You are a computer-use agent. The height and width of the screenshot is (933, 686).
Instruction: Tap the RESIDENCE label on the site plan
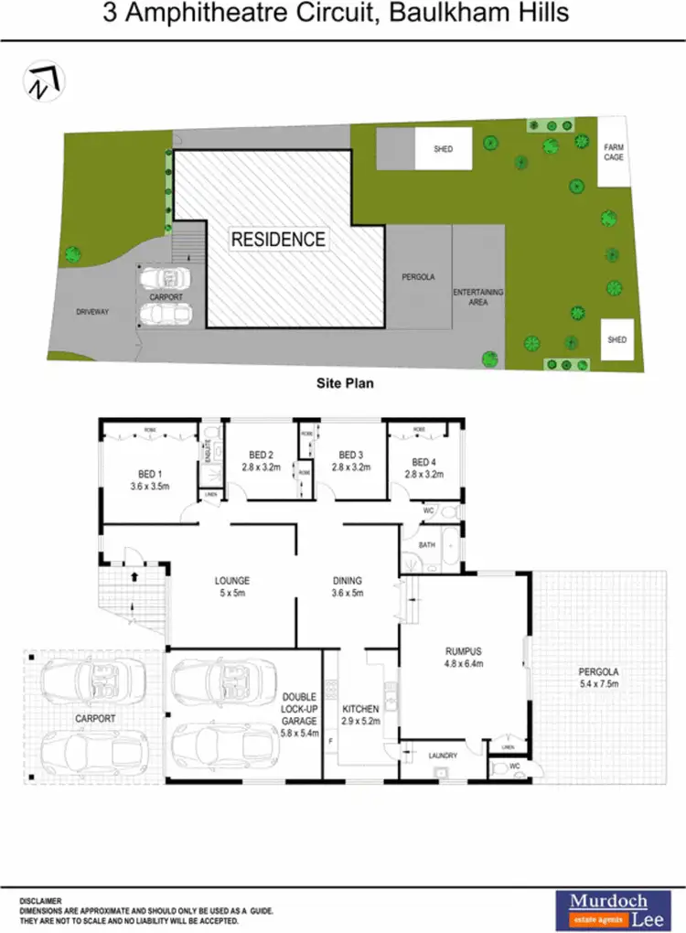(278, 240)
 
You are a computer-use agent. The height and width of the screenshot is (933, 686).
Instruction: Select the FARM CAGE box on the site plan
(613, 152)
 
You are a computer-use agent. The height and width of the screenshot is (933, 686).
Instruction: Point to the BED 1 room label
(149, 473)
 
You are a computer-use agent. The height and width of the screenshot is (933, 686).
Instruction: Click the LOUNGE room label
(232, 581)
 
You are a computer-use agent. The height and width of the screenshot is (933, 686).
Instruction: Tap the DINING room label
(348, 580)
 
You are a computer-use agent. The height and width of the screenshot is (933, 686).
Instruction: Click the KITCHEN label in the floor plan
(360, 709)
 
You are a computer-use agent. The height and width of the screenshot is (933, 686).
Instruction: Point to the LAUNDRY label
(443, 755)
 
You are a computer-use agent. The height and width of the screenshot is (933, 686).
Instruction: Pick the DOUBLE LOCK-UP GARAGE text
(299, 708)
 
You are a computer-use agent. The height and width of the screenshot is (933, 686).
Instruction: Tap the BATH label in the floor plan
(427, 545)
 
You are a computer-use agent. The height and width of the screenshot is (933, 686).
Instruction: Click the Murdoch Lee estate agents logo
(610, 909)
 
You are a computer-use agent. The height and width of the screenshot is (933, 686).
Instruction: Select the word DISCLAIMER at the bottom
(40, 901)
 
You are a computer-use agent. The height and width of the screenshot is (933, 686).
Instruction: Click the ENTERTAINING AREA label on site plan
(478, 296)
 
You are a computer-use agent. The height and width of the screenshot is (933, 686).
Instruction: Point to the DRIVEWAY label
(92, 312)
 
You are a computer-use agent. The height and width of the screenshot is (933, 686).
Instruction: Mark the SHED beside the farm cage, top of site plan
(444, 148)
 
